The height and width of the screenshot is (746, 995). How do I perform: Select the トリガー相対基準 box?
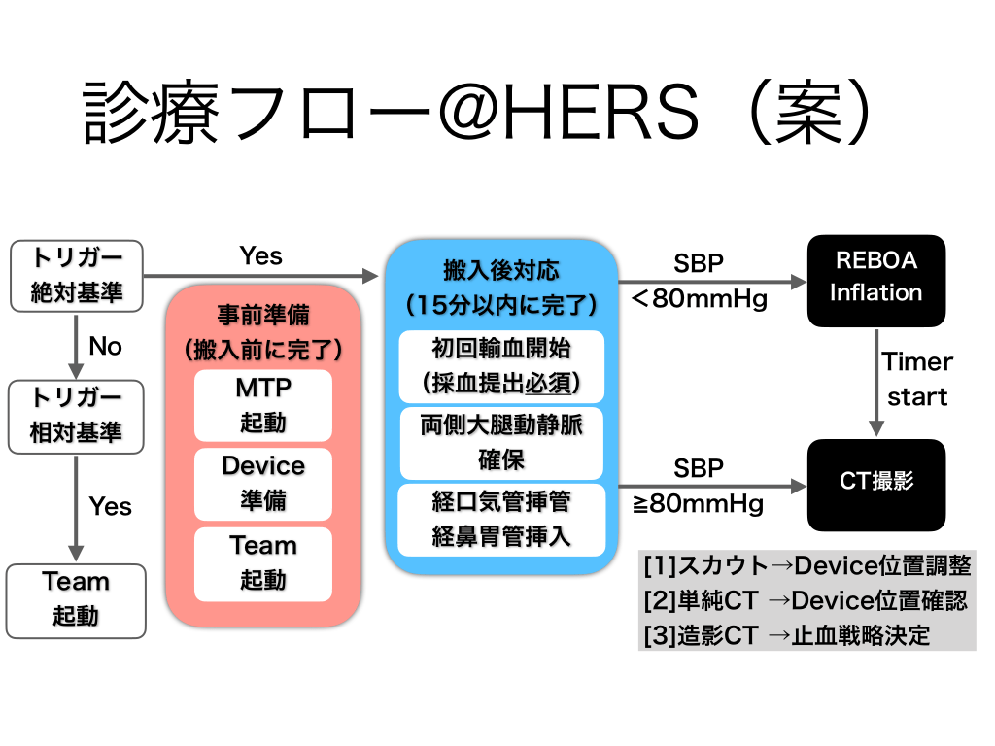click(76, 417)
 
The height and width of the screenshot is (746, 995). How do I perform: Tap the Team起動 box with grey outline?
click(76, 599)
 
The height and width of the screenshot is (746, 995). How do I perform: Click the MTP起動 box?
click(262, 405)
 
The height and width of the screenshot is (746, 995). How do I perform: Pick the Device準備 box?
click(262, 483)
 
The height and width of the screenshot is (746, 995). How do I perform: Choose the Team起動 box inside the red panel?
click(262, 562)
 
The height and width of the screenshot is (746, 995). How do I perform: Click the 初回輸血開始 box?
click(501, 366)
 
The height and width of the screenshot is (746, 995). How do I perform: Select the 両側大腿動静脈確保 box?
click(501, 442)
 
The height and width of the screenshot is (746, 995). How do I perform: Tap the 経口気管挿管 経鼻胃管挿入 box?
click(501, 519)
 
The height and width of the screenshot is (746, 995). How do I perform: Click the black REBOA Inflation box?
click(875, 277)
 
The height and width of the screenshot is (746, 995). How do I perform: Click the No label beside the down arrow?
click(105, 346)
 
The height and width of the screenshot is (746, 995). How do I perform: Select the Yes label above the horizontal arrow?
click(260, 255)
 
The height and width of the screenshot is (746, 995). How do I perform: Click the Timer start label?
click(916, 379)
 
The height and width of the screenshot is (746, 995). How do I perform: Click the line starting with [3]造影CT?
click(787, 635)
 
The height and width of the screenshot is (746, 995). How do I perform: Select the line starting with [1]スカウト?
click(806, 565)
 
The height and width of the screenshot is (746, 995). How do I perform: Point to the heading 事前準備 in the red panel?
click(262, 316)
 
